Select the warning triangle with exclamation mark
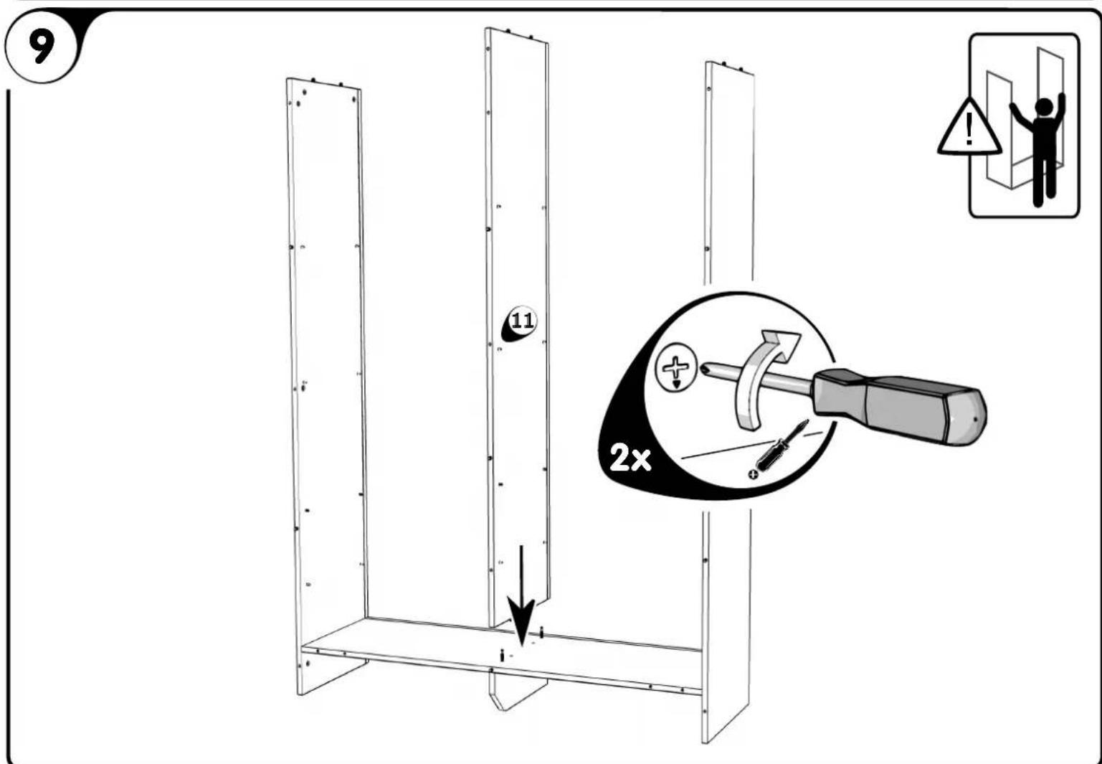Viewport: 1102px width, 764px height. click(x=969, y=129)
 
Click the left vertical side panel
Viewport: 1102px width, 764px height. click(x=326, y=359)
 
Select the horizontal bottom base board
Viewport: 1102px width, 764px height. click(x=502, y=649)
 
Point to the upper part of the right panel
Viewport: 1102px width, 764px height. click(x=728, y=172)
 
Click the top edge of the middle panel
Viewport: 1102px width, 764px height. click(x=516, y=36)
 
